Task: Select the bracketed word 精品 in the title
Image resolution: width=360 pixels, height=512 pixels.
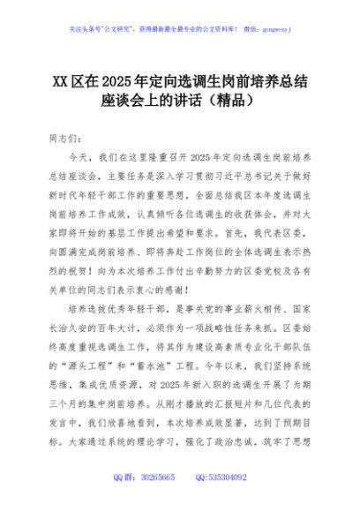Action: [230, 101]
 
